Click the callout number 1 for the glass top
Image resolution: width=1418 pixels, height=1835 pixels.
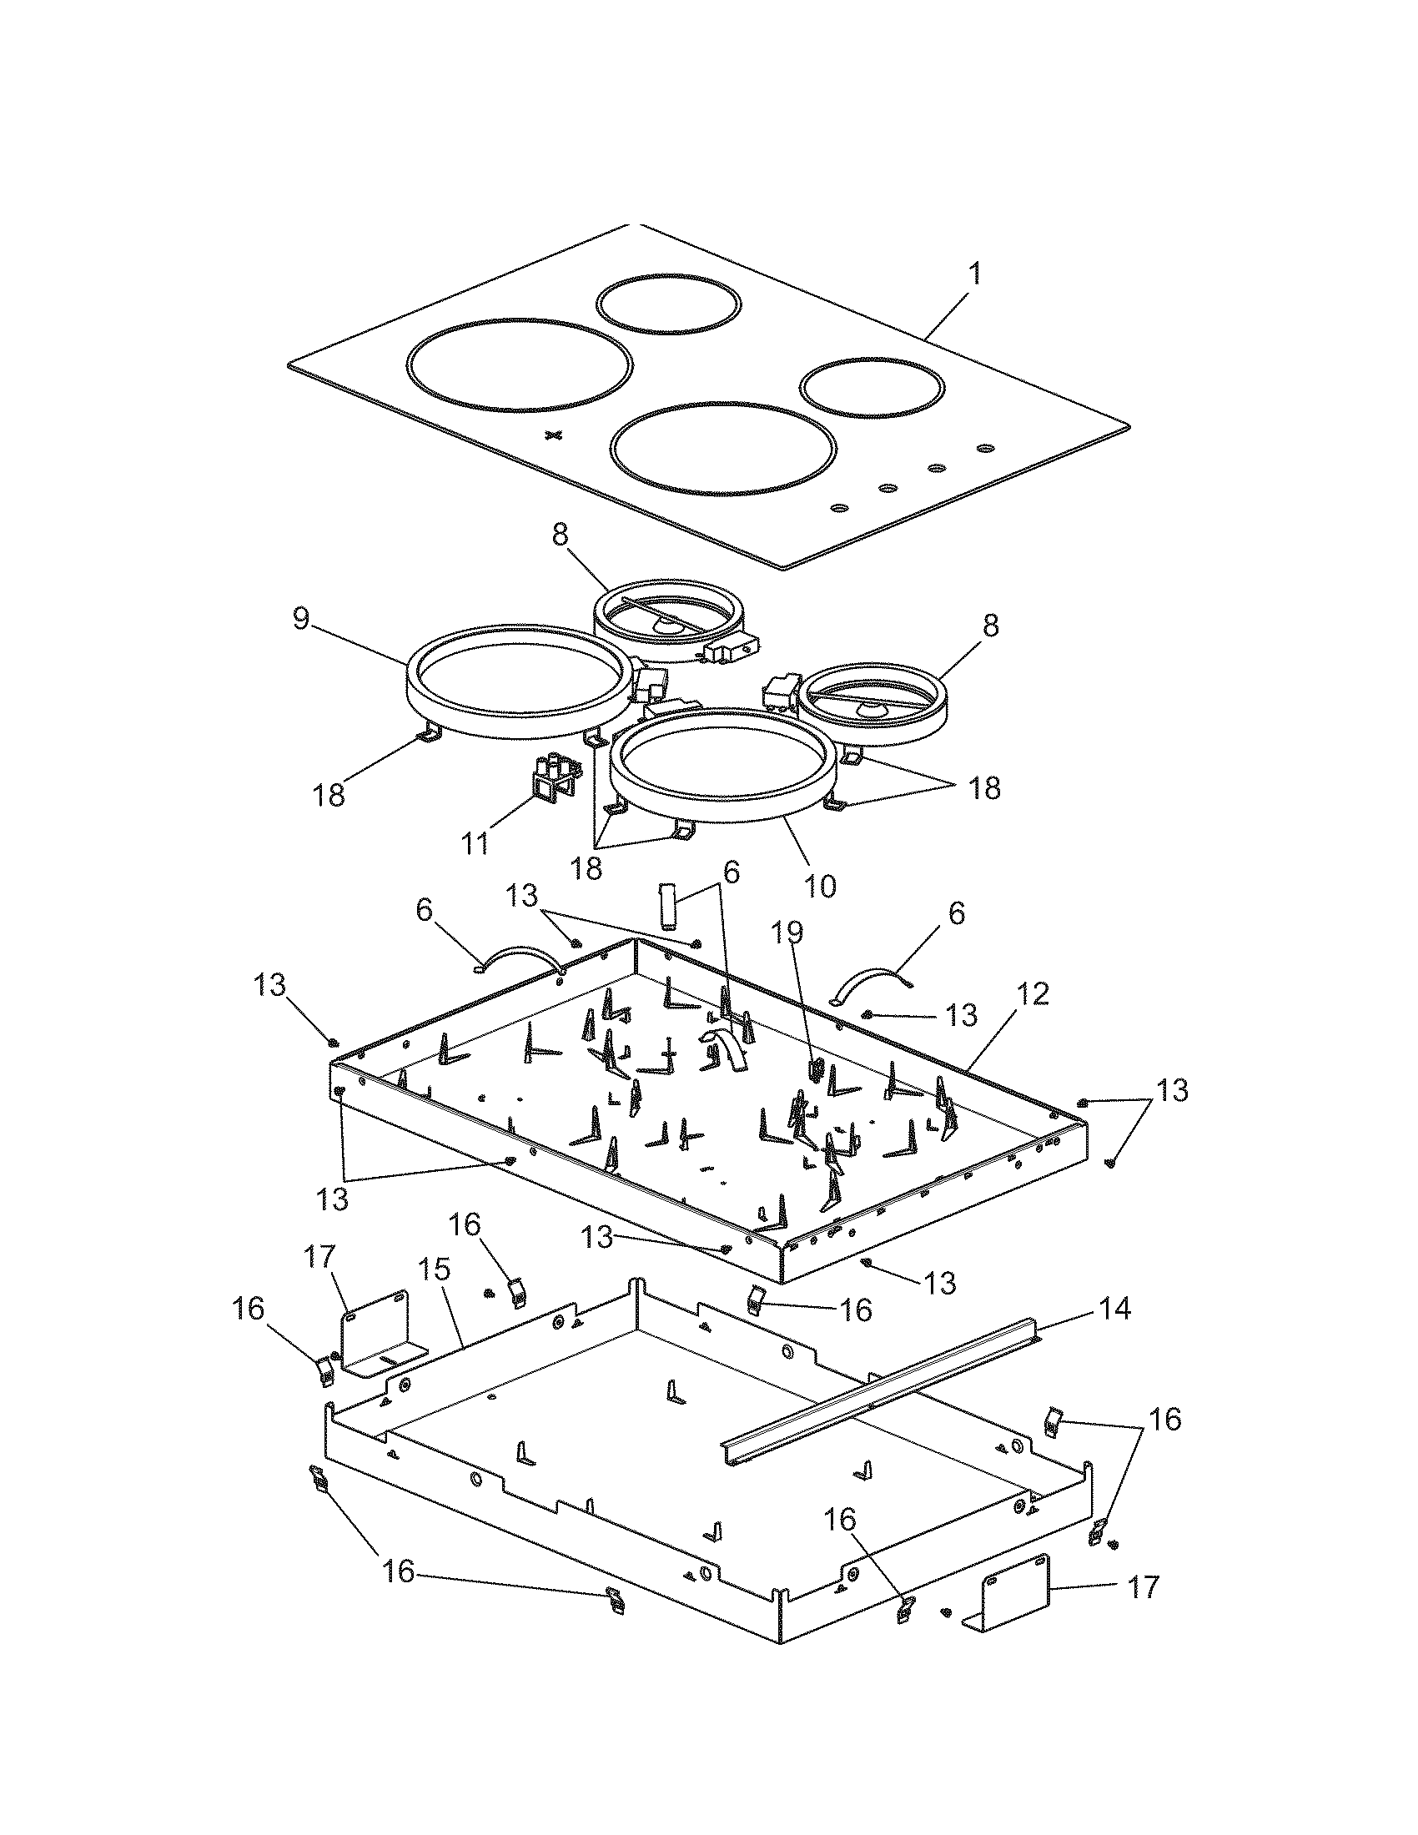[973, 274]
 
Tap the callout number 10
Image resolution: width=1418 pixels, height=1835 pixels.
[821, 886]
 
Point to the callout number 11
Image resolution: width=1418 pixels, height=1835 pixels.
[476, 842]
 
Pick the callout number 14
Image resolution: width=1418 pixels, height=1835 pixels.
[1114, 1308]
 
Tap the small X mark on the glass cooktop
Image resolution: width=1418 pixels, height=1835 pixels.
[552, 435]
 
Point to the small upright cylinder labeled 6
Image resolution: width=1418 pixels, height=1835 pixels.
[669, 906]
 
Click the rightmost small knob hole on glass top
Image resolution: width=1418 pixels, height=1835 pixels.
[984, 449]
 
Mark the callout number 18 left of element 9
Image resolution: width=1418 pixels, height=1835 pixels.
[330, 794]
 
